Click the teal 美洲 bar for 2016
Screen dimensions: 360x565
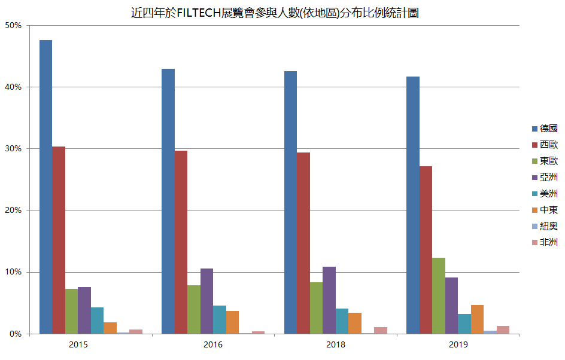220,319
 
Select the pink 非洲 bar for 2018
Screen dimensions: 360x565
381,330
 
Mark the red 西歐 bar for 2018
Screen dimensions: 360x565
303,243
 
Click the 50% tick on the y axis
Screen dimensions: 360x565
13,26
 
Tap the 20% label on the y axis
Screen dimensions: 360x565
13,210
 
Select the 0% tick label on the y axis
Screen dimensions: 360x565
15,334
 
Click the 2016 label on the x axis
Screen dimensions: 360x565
212,345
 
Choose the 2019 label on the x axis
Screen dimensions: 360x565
458,345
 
